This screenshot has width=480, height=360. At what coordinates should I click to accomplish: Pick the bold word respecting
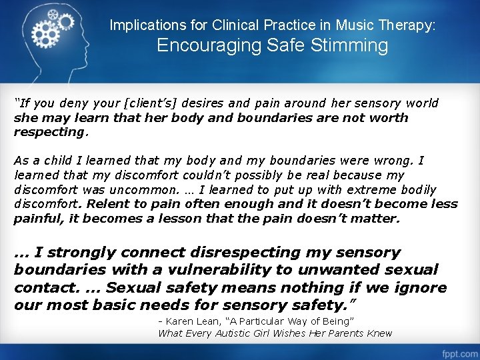click(50, 131)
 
